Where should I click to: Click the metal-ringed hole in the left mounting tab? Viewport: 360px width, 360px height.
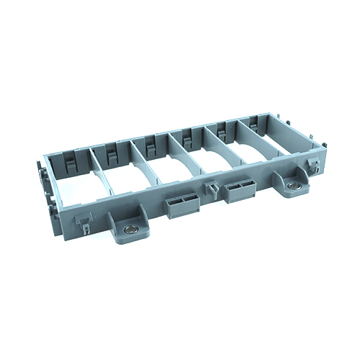pyautogui.click(x=130, y=228)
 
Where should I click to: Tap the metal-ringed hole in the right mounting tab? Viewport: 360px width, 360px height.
pyautogui.click(x=293, y=186)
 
